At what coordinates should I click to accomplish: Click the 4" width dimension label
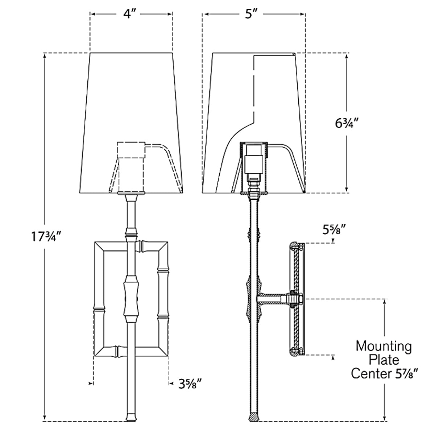pos(130,14)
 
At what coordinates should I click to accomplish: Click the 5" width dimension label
pos(251,14)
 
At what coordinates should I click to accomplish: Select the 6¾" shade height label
pos(347,123)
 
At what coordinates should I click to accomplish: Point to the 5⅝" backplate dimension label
pos(333,230)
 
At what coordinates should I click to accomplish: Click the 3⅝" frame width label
pos(190,384)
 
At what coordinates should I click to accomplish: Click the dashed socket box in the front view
pos(131,150)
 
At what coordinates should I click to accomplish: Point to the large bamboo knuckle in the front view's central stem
pos(131,299)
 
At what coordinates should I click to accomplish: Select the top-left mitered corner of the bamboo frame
pos(100,246)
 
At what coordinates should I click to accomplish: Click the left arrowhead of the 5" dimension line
pos(207,14)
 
